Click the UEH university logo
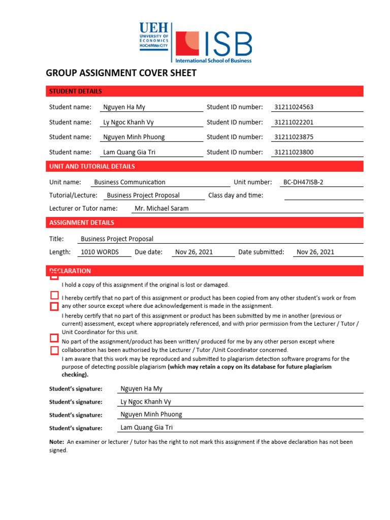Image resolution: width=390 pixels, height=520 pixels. click(x=154, y=36)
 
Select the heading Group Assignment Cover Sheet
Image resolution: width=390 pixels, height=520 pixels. click(x=121, y=73)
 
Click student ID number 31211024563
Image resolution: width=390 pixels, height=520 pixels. click(x=294, y=107)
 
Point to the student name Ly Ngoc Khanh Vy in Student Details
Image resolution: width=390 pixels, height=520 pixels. click(x=128, y=122)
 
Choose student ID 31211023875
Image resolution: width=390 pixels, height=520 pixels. click(x=294, y=137)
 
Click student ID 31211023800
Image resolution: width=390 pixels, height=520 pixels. click(x=294, y=152)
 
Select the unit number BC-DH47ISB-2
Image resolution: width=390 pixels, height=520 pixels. click(x=303, y=182)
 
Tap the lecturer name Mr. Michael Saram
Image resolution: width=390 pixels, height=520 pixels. click(x=161, y=208)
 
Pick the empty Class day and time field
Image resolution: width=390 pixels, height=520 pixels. click(x=323, y=196)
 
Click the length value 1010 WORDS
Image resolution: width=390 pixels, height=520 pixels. click(x=100, y=252)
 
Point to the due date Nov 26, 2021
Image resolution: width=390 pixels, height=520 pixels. click(x=194, y=252)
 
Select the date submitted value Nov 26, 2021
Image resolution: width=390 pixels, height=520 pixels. click(x=315, y=252)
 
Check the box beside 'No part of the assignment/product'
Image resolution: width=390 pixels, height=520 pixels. click(x=54, y=338)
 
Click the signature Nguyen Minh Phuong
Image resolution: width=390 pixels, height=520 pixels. click(x=151, y=414)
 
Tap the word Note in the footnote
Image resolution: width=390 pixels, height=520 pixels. click(x=56, y=442)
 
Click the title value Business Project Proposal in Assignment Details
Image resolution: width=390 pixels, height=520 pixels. click(x=117, y=239)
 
